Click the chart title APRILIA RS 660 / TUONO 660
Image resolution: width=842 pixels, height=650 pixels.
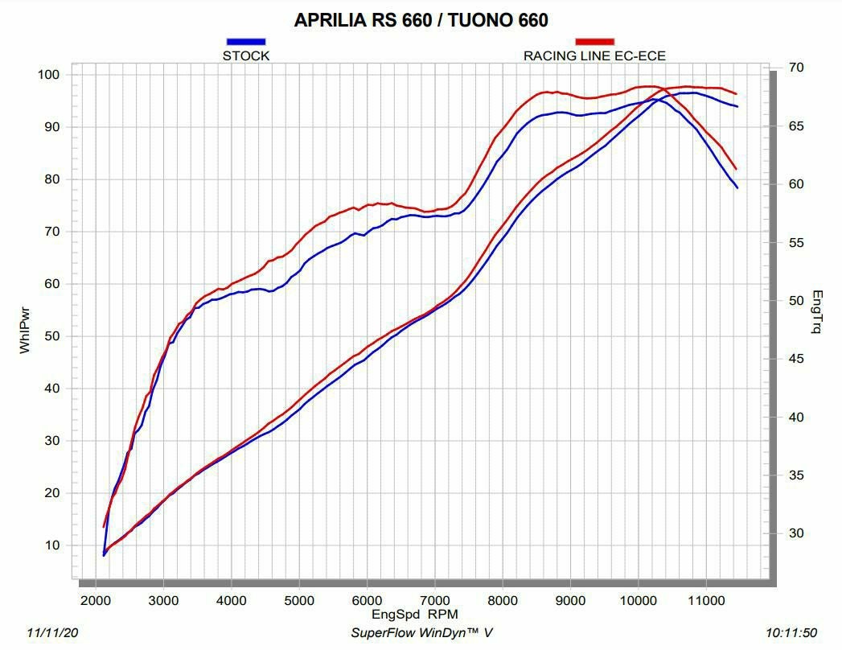coord(421,20)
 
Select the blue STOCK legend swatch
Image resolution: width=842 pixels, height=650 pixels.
coord(246,41)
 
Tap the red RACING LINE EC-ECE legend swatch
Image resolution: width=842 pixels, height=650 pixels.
coord(594,41)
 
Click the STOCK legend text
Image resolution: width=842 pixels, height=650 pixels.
coord(246,56)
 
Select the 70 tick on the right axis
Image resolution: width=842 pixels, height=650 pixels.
coord(795,68)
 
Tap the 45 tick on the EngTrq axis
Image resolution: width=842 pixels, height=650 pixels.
coord(795,359)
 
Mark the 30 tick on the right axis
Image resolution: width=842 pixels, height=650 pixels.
coord(795,533)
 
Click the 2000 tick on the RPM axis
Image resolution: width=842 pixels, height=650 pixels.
coord(96,600)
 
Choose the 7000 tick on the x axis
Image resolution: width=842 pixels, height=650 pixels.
coord(434,600)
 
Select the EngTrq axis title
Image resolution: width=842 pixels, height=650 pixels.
coord(817,312)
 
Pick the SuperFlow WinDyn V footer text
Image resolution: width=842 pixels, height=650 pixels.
coord(421,633)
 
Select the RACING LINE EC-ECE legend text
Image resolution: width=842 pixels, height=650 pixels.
coord(594,56)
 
